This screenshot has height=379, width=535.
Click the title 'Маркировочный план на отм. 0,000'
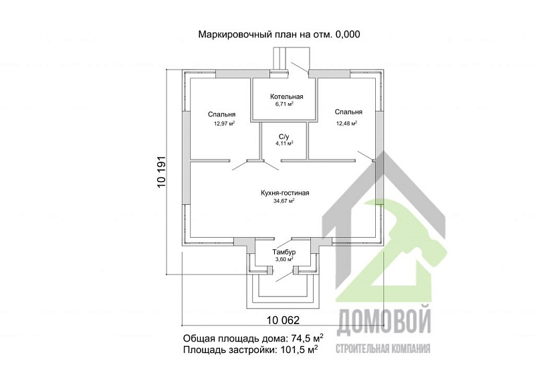pyautogui.click(x=279, y=34)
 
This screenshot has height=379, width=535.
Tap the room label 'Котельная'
pyautogui.click(x=287, y=96)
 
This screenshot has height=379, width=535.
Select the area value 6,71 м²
pyautogui.click(x=285, y=104)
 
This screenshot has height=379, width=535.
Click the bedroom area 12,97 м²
pyautogui.click(x=224, y=123)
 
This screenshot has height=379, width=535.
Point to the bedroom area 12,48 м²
pyautogui.click(x=346, y=123)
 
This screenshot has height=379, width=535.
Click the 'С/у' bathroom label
pyautogui.click(x=284, y=137)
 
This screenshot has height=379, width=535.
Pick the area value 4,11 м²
pyautogui.click(x=285, y=143)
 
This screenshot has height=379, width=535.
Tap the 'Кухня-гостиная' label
pyautogui.click(x=285, y=193)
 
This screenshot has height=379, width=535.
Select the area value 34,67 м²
pyautogui.click(x=284, y=201)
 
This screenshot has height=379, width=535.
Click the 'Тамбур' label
pyautogui.click(x=284, y=252)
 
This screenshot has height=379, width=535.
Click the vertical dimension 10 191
pyautogui.click(x=161, y=171)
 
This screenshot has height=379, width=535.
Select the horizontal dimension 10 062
pyautogui.click(x=283, y=320)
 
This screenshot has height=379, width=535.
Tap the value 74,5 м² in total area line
pyautogui.click(x=307, y=338)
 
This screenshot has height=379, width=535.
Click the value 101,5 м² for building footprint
pyautogui.click(x=299, y=350)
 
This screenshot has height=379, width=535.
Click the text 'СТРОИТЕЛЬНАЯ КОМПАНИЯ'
pyautogui.click(x=383, y=349)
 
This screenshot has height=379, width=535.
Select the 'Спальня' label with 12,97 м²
pyautogui.click(x=222, y=115)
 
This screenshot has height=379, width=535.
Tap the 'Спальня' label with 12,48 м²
pyautogui.click(x=348, y=112)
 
